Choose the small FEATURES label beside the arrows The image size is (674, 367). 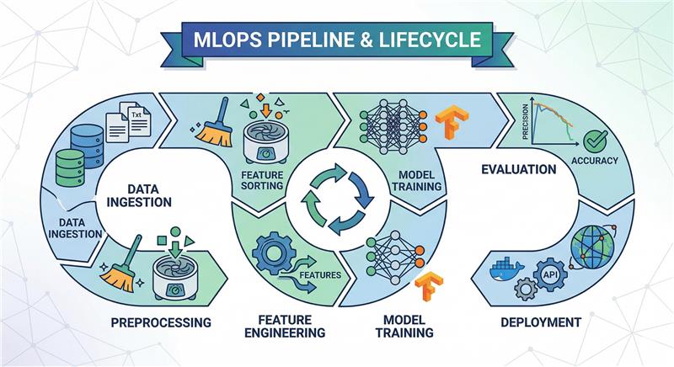point(320,274)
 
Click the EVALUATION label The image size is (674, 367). point(518,169)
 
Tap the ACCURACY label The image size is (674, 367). point(594,161)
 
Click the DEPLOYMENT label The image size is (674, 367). point(540,322)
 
